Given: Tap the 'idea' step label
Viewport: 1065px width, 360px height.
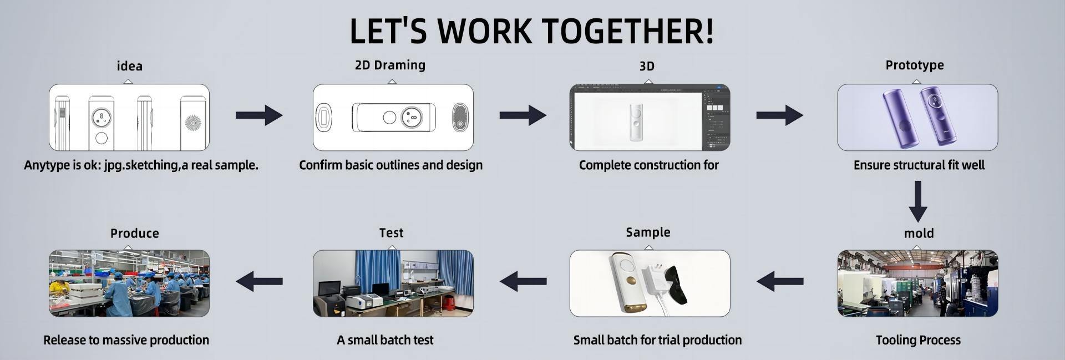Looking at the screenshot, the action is click(x=129, y=66).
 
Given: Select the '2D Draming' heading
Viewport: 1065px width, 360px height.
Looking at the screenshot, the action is click(x=390, y=65).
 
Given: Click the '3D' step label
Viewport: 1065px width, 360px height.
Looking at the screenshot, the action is click(x=647, y=66).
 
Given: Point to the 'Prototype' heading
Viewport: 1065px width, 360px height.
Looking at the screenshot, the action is click(x=915, y=65).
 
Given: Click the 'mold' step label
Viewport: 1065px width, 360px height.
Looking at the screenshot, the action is click(x=919, y=234).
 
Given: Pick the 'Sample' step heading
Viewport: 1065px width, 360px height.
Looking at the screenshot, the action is click(x=648, y=232).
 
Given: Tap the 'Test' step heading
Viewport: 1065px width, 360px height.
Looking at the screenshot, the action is click(x=391, y=233).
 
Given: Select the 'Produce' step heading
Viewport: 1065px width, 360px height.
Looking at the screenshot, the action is click(x=135, y=234).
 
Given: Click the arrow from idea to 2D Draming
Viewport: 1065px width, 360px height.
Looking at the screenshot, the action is click(x=259, y=115).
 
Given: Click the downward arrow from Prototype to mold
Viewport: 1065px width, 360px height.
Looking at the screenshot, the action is click(x=918, y=201).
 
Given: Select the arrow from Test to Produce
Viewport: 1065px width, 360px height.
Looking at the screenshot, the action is click(x=259, y=281).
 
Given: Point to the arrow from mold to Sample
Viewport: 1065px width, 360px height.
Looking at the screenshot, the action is click(x=780, y=281).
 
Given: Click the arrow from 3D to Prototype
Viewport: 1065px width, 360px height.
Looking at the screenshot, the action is click(x=780, y=115).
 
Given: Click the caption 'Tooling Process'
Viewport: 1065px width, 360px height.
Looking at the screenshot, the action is click(x=918, y=340).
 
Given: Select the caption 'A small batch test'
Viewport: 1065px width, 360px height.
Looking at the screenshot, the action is click(x=385, y=340).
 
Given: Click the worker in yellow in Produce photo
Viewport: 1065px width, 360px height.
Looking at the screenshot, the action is click(x=59, y=288).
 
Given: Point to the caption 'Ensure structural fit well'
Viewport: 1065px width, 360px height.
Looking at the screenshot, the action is click(x=919, y=165).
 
